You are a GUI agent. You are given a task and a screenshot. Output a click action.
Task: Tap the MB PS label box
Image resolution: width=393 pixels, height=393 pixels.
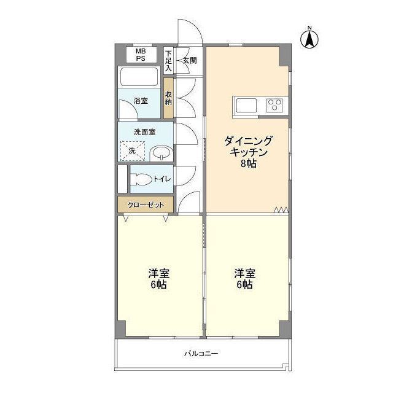click(141, 55)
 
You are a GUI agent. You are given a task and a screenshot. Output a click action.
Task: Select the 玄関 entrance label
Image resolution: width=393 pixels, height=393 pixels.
click(190, 60)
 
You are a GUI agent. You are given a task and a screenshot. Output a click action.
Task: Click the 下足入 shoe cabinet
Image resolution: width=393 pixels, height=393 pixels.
click(168, 61)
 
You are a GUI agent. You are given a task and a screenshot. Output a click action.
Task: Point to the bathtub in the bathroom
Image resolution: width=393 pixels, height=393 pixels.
click(139, 77)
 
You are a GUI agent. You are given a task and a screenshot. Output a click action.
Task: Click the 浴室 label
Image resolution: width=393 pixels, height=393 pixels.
click(141, 100)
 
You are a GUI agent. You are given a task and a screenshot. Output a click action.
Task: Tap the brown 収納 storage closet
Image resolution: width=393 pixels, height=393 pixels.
click(168, 98)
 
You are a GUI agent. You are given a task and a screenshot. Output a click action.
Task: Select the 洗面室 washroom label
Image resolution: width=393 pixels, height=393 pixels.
click(144, 131)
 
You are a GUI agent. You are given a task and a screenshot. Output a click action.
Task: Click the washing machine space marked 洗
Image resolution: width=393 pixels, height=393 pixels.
click(131, 150)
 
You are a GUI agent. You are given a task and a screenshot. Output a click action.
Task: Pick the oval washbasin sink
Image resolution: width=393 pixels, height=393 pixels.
click(160, 152)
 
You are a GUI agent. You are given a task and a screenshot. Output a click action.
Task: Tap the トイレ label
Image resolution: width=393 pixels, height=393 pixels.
click(162, 179)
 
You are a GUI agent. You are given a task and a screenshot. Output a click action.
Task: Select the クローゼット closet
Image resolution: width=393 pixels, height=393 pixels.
click(145, 203)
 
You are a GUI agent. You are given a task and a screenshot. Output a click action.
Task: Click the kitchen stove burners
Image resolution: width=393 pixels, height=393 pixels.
click(274, 105)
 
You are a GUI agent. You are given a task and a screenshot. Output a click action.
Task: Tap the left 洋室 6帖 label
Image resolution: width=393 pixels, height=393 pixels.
click(158, 279)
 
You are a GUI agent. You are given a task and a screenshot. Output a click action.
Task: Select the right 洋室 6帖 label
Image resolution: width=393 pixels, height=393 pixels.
click(244, 279)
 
